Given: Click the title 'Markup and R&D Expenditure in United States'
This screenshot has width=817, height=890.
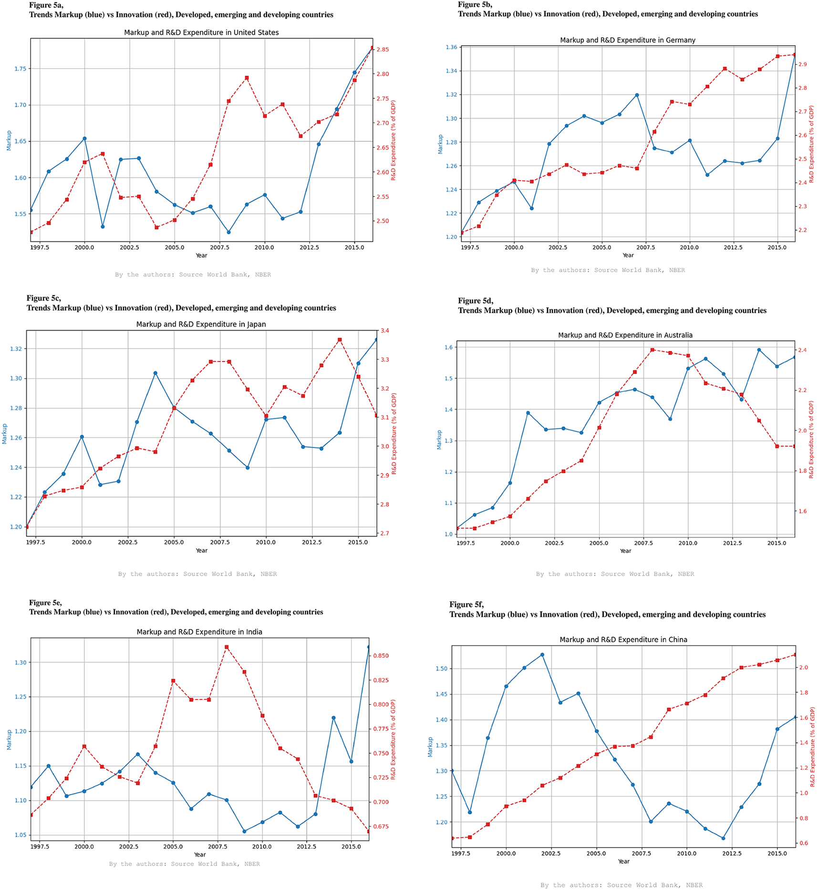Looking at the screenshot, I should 201,32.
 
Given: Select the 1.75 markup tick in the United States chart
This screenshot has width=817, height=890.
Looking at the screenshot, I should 20,69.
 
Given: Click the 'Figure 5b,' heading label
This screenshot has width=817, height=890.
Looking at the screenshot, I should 475,5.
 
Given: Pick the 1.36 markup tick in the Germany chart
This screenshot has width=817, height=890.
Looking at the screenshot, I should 451,47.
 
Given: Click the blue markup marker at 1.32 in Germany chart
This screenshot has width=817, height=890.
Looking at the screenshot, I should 637,95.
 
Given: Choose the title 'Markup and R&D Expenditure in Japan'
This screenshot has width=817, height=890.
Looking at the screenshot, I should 201,324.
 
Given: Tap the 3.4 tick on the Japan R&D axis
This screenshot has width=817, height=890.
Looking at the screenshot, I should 384,331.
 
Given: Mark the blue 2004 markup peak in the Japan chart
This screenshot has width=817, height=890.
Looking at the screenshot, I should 155,373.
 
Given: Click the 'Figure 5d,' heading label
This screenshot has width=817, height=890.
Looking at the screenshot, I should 476,300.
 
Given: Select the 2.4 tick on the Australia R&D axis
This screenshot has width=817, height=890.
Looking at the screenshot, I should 802,350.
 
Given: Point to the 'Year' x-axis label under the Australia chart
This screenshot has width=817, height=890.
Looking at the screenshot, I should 625,551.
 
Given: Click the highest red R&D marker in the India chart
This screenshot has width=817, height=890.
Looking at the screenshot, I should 227,647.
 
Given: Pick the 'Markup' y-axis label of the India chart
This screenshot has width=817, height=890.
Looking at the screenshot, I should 9,740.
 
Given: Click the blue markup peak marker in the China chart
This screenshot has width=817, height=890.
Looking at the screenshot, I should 542,655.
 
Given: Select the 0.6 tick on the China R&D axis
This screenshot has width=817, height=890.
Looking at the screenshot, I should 804,843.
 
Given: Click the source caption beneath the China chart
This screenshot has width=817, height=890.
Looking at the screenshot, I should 621,885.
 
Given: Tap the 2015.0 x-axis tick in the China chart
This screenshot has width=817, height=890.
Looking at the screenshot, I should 777,854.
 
